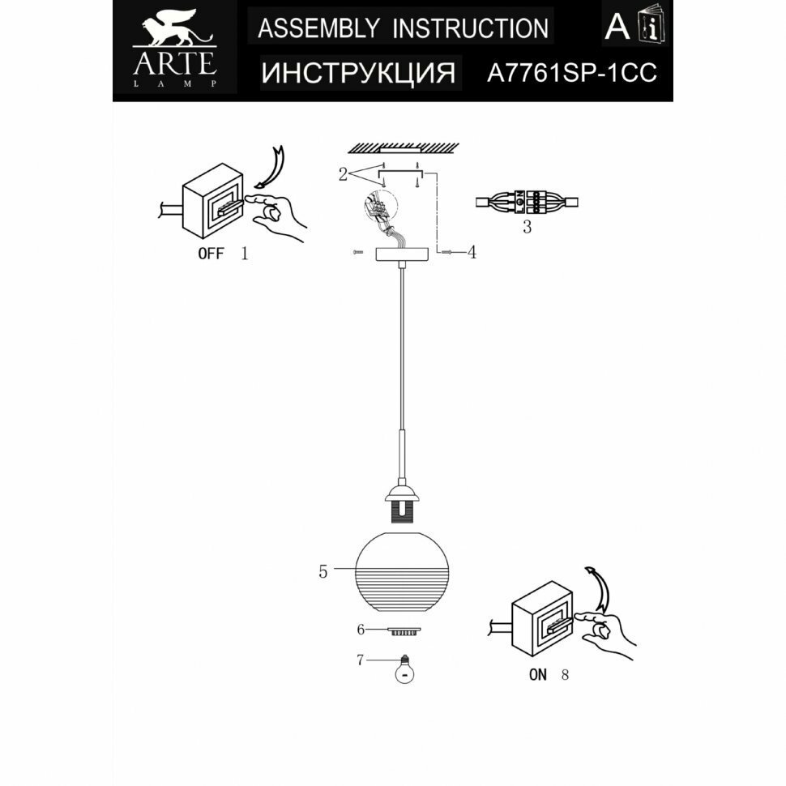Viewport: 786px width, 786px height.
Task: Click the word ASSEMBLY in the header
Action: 317,28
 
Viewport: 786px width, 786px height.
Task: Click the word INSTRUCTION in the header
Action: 470,28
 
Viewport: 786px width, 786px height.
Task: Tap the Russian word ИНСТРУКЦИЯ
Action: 358,74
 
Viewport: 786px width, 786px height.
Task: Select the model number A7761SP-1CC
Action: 570,74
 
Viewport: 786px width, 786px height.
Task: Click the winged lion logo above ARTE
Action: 173,29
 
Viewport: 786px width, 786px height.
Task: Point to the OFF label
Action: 211,254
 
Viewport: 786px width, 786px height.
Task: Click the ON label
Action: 538,674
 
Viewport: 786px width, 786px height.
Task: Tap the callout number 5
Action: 323,572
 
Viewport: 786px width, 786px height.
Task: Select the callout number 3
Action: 527,228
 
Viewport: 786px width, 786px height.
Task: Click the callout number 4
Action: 472,253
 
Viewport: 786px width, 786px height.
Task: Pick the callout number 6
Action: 361,630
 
